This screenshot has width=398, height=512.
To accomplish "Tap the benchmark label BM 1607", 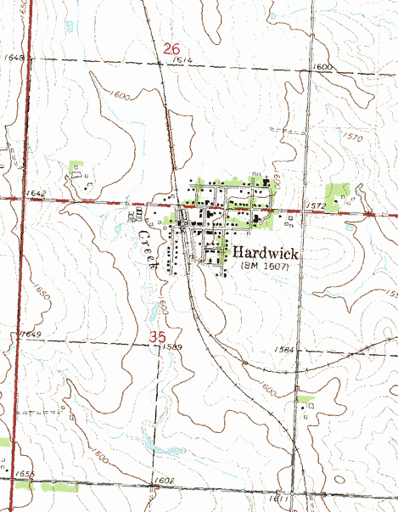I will point(266,267).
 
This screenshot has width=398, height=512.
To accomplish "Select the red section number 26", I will point(171,51).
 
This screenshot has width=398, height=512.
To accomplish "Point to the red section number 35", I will point(157,336).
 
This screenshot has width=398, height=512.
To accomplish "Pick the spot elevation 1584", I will point(284,349).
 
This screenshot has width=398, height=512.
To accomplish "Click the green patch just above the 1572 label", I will point(338,192).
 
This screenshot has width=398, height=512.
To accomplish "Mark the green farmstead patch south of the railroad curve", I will point(305,398).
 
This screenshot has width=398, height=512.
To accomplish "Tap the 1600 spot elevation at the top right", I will point(322,66).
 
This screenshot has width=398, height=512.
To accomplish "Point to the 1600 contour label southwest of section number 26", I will point(120,96).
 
